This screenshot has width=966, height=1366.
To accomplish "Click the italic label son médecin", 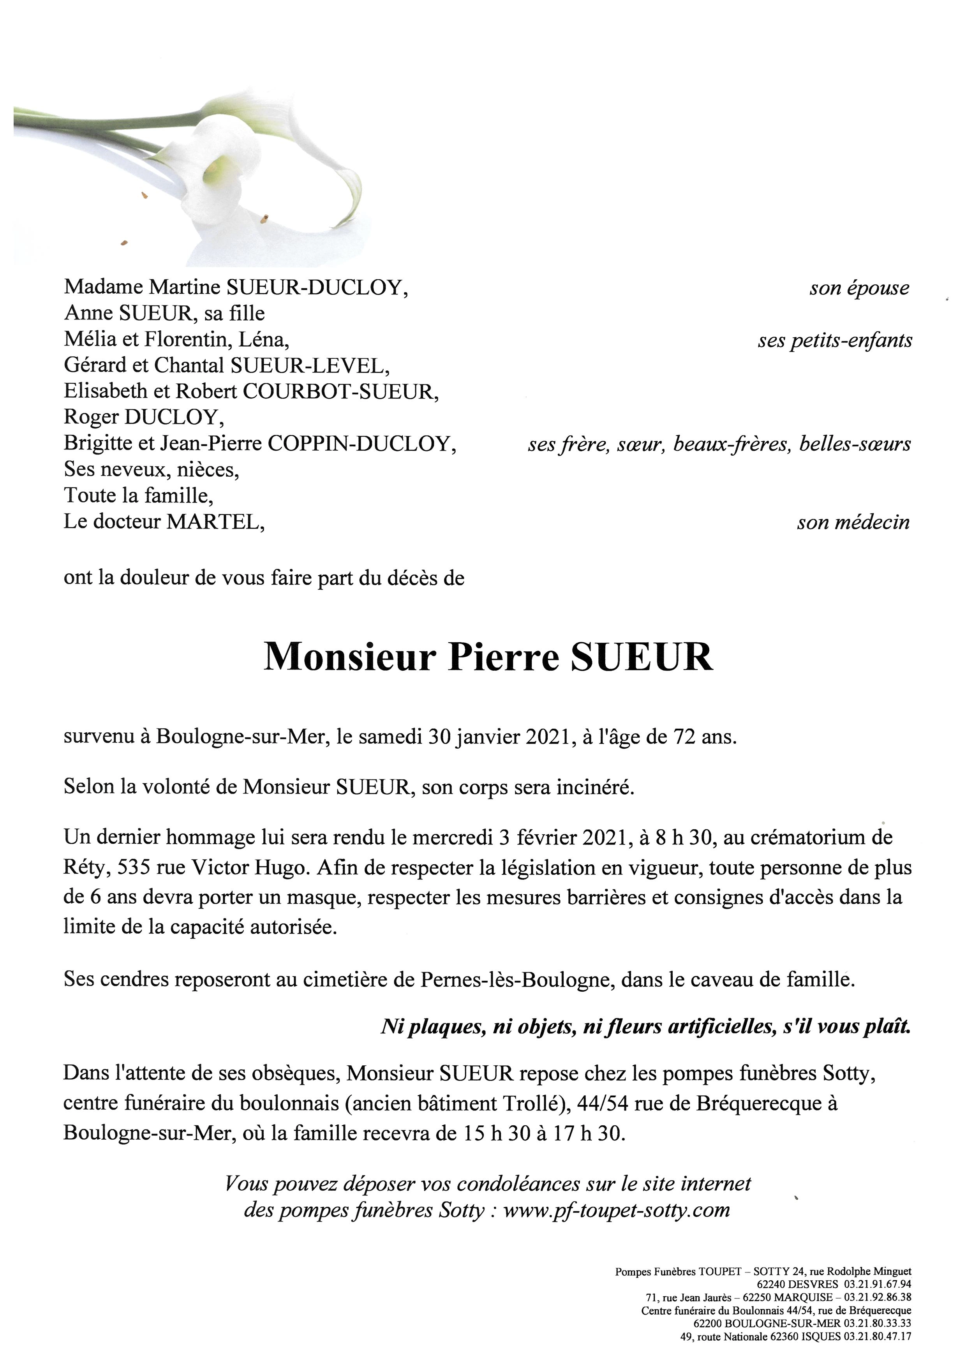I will pyautogui.click(x=853, y=522).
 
